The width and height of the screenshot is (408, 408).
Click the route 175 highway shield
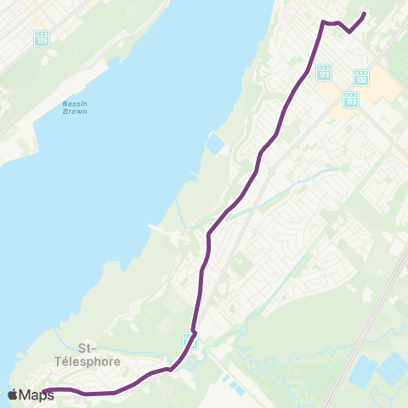[x=42, y=39]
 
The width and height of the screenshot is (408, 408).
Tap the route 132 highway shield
[x=361, y=77]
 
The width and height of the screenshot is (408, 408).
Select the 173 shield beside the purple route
[x=324, y=74]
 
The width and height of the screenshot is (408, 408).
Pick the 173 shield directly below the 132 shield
[x=351, y=99]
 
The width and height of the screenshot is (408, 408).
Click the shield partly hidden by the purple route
[x=189, y=341]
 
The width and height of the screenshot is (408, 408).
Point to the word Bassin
[x=75, y=105]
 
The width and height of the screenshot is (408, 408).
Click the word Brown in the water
[x=75, y=112]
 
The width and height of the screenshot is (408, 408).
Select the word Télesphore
[x=88, y=360]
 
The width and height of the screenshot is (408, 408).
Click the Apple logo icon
[x=13, y=394]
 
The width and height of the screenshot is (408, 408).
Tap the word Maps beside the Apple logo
[x=37, y=394]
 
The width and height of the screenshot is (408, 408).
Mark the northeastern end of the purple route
[x=364, y=14]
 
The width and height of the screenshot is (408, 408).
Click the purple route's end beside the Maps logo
[x=44, y=391]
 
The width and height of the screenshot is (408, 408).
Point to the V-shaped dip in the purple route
[x=349, y=32]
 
